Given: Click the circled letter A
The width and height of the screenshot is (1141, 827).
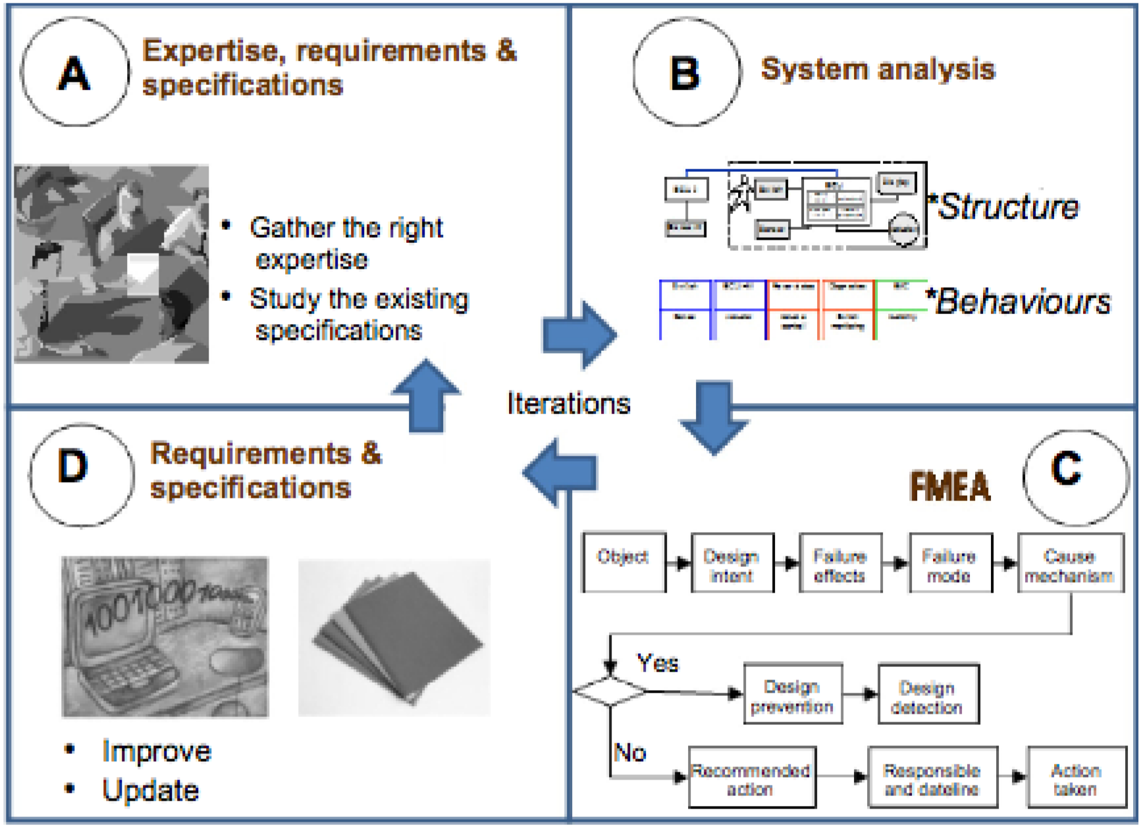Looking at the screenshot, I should pos(74,72).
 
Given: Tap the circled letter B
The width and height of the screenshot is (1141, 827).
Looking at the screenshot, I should pos(685,72).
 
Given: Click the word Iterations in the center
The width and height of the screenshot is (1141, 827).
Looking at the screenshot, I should pos(569,404).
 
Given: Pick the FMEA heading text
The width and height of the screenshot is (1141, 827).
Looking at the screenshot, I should pos(950,487).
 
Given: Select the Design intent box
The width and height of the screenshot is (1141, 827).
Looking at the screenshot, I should pos(732,564).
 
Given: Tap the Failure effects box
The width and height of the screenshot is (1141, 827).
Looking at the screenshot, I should pos(840,564).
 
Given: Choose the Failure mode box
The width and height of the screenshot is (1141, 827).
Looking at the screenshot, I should pos(949,564).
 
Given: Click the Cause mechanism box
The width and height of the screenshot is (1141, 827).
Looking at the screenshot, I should pos(1070,564).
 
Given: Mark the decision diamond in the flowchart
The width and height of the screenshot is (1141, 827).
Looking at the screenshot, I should pos(610,691).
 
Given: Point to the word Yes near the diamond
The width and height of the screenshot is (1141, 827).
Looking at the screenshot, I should pos(658,662).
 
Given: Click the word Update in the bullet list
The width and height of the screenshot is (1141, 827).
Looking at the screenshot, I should pos(151,790).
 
